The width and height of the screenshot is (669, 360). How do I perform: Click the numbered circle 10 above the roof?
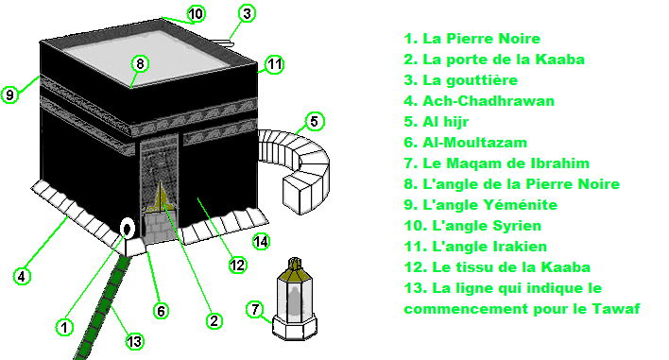click(196, 13)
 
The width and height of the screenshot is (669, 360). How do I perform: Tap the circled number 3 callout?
click(247, 13)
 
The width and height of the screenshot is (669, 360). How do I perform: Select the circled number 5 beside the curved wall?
click(314, 122)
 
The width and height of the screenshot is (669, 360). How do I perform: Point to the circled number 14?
click(261, 242)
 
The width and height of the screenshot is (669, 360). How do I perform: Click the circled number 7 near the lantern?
click(255, 309)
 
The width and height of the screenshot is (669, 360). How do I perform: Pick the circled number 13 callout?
click(134, 341)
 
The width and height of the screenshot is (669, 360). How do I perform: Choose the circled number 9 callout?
click(9, 94)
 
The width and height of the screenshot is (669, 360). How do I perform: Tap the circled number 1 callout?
click(64, 327)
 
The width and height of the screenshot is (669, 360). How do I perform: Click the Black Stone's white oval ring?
click(127, 229)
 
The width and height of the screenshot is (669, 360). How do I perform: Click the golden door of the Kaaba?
click(162, 198)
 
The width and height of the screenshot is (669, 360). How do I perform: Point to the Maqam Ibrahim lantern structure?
click(294, 299)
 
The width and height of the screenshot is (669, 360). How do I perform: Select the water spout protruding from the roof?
click(224, 42)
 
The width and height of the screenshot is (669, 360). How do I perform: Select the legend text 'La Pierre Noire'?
click(481, 39)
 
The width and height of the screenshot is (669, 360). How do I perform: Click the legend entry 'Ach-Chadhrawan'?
click(479, 101)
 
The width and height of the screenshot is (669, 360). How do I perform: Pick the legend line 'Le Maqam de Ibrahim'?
click(497, 163)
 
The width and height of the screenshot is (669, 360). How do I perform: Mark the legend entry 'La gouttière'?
click(461, 80)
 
